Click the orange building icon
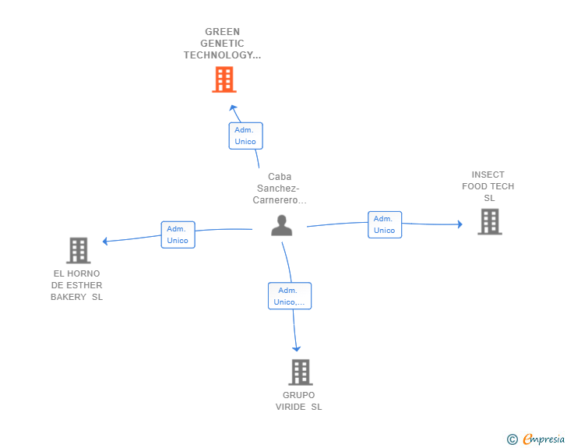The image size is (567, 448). [224, 79]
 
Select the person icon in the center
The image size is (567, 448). [282, 225]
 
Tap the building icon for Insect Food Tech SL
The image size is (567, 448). [490, 221]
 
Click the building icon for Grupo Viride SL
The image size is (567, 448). [301, 372]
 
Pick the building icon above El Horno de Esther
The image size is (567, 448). [79, 250]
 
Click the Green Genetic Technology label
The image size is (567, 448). [222, 44]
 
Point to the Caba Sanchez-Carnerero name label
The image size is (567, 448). [280, 189]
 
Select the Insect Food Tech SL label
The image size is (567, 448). [488, 186]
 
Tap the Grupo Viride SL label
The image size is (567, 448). [299, 401]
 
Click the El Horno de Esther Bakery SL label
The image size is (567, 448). [76, 285]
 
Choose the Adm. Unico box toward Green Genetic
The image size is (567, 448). [245, 136]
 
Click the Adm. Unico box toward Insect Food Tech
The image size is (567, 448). [385, 224]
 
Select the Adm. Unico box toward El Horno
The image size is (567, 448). [178, 235]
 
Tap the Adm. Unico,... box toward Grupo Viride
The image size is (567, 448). [290, 295]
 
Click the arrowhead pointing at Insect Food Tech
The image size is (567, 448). [460, 224]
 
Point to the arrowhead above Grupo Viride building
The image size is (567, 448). [297, 349]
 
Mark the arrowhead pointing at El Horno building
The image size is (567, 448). [105, 241]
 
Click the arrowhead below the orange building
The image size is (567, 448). [233, 108]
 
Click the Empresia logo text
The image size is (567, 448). [544, 439]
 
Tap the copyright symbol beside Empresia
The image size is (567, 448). [512, 439]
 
